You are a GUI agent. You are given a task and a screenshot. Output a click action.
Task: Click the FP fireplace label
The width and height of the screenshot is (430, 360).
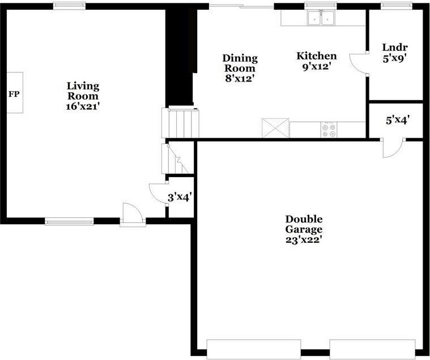pyautogui.click(x=14, y=95)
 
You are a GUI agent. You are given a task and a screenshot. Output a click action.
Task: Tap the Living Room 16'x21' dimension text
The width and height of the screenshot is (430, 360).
pyautogui.click(x=83, y=106)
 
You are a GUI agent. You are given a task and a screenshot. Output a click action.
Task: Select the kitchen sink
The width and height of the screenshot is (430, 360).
pyautogui.click(x=321, y=18)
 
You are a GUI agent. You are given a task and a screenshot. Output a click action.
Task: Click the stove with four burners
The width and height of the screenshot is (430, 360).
pyautogui.click(x=329, y=130)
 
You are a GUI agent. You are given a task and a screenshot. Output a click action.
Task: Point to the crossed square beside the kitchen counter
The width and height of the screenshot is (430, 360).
pyautogui.click(x=275, y=128)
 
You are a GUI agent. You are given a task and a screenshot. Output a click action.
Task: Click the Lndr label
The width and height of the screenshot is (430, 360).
pyautogui.click(x=395, y=48)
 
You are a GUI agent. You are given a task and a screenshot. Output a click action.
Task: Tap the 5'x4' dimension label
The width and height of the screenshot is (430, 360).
pyautogui.click(x=398, y=120)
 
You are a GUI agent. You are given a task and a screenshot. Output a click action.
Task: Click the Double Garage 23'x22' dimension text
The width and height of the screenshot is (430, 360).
pyautogui.click(x=304, y=240)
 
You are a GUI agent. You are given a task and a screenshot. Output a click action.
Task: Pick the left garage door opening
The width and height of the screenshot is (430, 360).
pyautogui.click(x=254, y=349)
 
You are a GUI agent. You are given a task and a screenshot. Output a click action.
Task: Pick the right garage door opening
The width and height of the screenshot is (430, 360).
pyautogui.click(x=372, y=349)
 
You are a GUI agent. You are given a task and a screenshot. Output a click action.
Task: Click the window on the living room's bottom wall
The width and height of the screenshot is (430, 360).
pyautogui.click(x=69, y=221)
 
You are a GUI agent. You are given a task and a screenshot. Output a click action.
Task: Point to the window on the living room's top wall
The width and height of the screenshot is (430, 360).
pyautogui.click(x=69, y=6)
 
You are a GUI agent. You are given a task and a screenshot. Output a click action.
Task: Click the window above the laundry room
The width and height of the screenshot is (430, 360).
pyautogui.click(x=396, y=6)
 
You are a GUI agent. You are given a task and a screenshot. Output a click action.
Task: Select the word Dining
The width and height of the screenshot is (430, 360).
pyautogui.click(x=240, y=58)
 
